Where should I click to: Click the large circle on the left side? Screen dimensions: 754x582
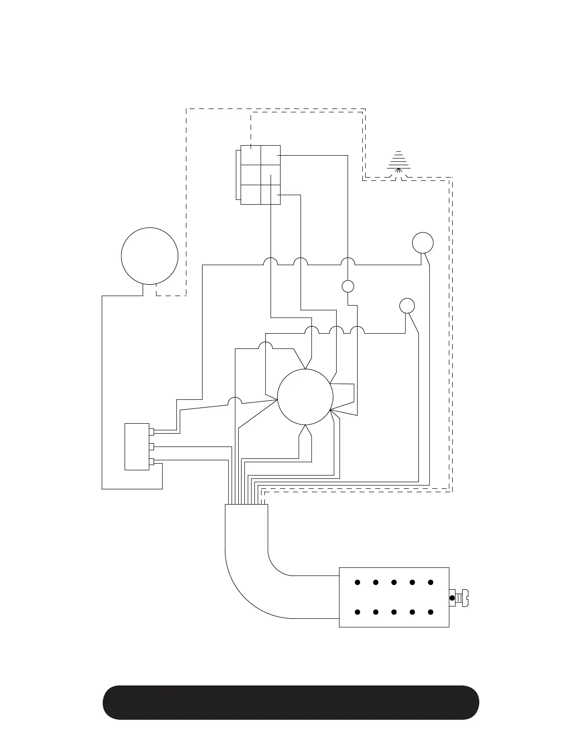pos(150,256)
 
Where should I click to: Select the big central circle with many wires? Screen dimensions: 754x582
pos(305,397)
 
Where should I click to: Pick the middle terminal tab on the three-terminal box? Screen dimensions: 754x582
pos(152,446)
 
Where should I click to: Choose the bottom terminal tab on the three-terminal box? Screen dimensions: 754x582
pos(152,461)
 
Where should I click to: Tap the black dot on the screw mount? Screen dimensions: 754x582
pos(452,597)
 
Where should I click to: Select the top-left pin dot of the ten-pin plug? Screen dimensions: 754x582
pos(357,582)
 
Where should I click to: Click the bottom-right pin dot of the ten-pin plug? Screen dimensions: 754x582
pos(431,612)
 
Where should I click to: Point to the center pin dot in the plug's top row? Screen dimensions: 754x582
pos(394,582)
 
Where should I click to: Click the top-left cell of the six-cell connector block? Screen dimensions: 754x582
pos(251,155)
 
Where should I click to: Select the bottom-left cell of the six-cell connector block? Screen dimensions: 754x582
pos(251,194)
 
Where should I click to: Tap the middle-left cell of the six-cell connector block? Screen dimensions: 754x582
pos(251,175)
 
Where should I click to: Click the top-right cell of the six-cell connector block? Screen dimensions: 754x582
pos(271,155)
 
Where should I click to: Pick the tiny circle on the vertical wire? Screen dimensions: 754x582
pos(348,286)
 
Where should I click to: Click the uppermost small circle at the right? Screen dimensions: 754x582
pos(423,242)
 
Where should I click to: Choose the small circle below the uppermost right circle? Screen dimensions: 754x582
pos(407,306)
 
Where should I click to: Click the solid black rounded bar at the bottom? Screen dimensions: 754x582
pos(291,703)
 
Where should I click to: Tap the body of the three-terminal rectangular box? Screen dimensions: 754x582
pos(136,446)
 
